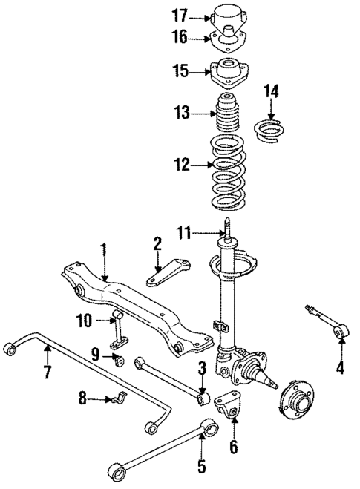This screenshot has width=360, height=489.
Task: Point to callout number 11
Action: click(186, 233)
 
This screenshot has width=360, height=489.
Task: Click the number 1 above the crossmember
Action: click(105, 249)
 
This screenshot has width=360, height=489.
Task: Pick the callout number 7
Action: click(47, 371)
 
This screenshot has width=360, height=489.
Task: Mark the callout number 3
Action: click(200, 368)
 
